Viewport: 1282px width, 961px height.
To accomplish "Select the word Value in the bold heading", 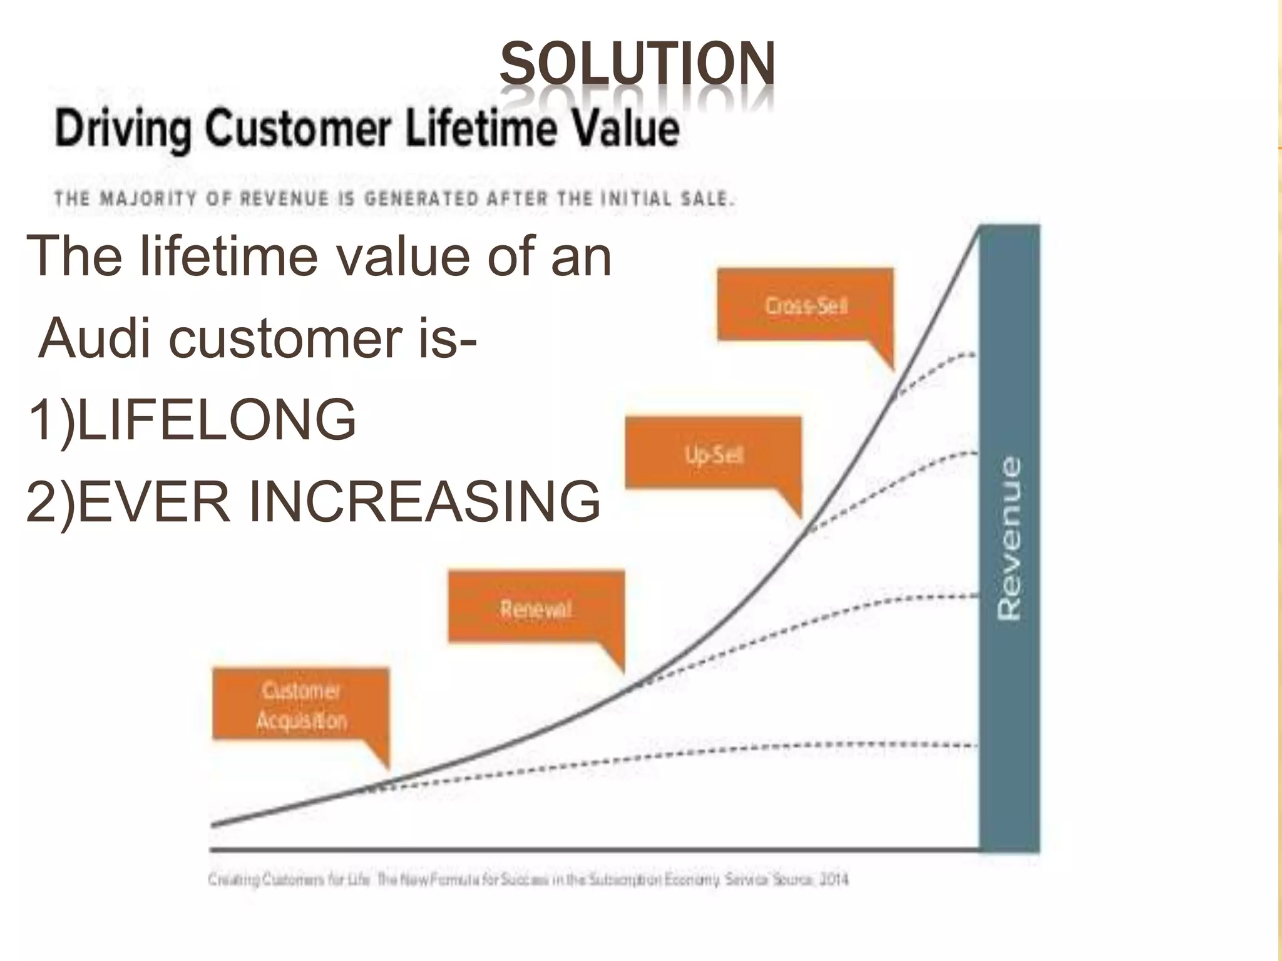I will coord(627,129).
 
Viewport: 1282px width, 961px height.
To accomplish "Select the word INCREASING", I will coord(424,501).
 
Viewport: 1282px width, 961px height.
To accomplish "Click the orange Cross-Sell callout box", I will coord(805,305).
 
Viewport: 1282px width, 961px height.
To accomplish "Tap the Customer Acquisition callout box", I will coord(301,705).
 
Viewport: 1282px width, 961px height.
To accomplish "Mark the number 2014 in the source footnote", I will coord(834,880).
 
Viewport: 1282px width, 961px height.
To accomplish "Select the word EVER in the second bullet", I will coord(154,501).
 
